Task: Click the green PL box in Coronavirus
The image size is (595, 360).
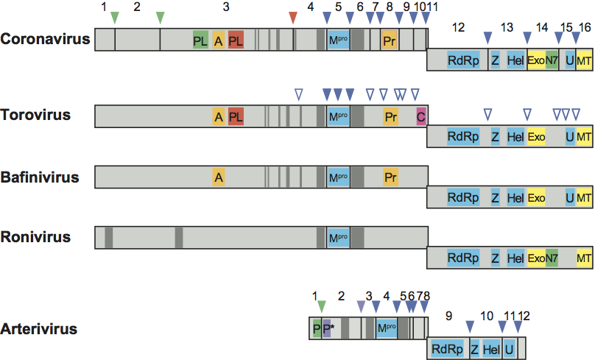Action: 200,40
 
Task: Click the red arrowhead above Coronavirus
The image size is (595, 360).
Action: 294,18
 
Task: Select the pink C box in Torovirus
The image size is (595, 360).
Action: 421,116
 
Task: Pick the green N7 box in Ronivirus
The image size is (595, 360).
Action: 552,258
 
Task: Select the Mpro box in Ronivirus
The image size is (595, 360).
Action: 338,237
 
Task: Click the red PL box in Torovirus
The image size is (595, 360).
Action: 236,116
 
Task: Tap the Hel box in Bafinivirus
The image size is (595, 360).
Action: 515,198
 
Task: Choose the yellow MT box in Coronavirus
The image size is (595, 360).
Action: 584,60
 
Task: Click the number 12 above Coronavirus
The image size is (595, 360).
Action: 458,27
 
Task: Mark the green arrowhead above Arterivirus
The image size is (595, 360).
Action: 320,306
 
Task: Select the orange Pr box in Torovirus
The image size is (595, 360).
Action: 391,116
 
